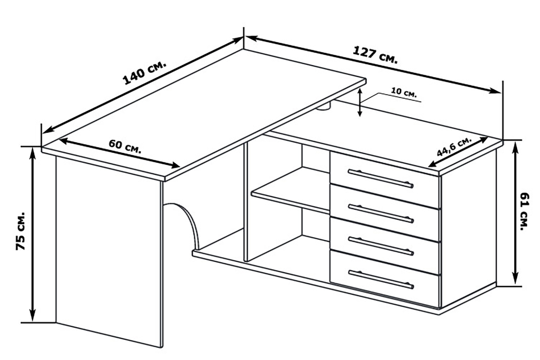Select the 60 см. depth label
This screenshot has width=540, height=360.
[125, 146]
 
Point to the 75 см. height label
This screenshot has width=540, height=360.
[20, 231]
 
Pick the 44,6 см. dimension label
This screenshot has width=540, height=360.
[454, 147]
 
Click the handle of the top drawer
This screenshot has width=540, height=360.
[381, 179]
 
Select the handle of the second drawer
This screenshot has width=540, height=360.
[381, 214]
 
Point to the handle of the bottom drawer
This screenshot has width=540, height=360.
[381, 279]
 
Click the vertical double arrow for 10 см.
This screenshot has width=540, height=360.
[360, 102]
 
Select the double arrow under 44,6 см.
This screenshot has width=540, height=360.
[458, 152]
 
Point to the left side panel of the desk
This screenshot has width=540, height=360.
[108, 250]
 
